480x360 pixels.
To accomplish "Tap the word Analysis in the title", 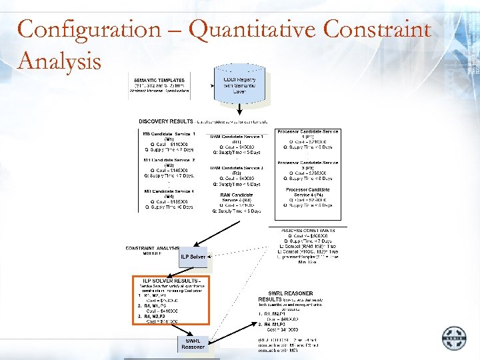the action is (x=60, y=61).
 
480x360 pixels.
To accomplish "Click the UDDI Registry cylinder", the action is (x=239, y=85).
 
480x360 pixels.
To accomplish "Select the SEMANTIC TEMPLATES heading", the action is (x=159, y=80).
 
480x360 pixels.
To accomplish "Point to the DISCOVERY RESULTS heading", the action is (x=165, y=121).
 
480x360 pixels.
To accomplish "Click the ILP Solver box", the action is (x=193, y=256).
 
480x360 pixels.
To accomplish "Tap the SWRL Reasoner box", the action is (x=193, y=344).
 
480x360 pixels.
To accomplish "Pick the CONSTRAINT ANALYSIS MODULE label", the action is (x=152, y=251).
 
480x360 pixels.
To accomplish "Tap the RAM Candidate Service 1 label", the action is (x=237, y=137).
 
